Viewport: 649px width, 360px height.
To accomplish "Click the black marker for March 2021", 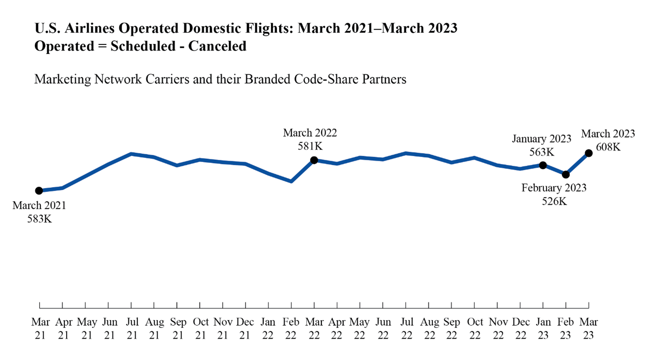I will (x=39, y=191).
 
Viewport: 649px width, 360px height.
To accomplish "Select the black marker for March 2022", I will (x=314, y=160).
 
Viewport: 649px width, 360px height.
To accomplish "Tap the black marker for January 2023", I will (x=542, y=165).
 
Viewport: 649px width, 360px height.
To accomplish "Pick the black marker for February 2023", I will (x=565, y=174).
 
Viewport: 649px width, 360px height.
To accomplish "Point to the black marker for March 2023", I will (x=589, y=153).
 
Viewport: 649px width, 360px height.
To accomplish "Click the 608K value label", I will (x=608, y=147).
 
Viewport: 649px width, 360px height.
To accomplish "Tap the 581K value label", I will (x=310, y=146).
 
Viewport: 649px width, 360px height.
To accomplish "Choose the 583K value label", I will (x=39, y=219).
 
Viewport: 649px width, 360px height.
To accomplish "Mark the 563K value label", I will (x=541, y=152).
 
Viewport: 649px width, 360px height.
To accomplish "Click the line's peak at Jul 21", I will (x=131, y=154).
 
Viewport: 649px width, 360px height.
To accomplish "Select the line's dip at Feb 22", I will (x=291, y=181).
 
